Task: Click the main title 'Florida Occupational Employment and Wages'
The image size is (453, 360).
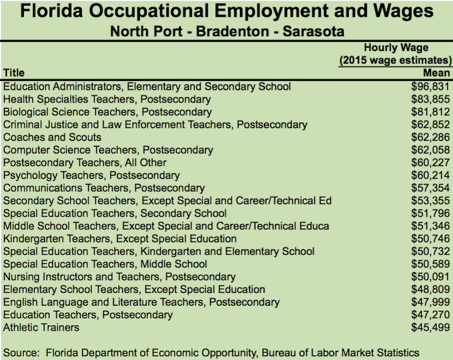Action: [x=226, y=12]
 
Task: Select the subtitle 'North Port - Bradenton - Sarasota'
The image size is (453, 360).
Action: [x=226, y=31]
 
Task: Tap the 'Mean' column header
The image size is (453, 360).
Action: [x=436, y=73]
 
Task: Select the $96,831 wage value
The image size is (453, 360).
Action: [x=430, y=87]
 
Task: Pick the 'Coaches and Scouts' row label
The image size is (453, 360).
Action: [x=52, y=138]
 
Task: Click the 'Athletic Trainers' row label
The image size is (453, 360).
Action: [x=41, y=327]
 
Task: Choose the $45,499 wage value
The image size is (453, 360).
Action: [x=430, y=327]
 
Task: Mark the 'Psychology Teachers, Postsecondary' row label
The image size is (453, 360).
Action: [x=91, y=175]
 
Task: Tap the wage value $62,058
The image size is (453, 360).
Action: [x=430, y=150]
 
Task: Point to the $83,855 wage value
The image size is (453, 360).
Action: [x=430, y=100]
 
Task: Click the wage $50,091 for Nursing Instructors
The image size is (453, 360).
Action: [x=430, y=277]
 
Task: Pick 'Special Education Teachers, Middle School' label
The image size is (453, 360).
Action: [x=105, y=264]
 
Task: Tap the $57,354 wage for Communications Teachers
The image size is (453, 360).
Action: [x=430, y=188]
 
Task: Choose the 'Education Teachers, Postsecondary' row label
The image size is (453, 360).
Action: [x=88, y=315]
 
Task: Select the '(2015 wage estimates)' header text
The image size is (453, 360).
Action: [x=395, y=61]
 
